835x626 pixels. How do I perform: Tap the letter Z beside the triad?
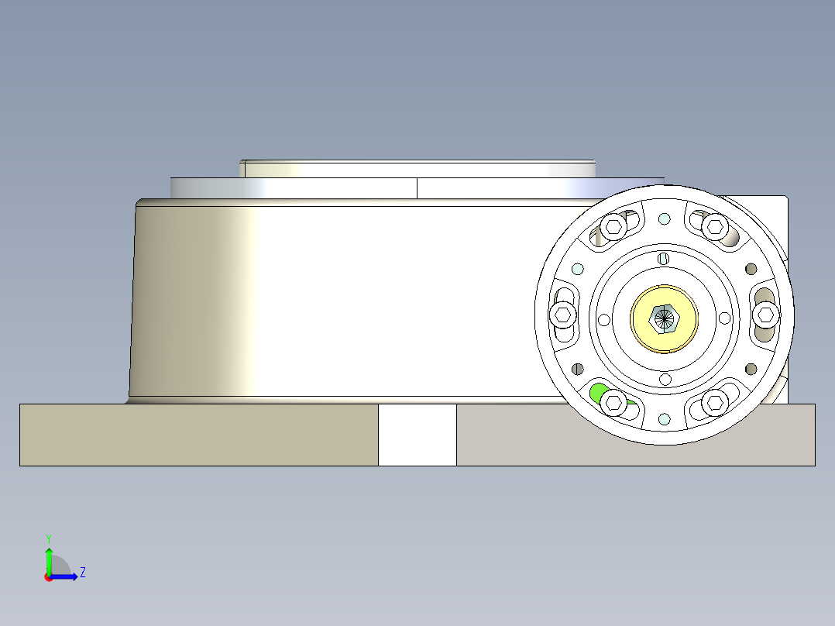click(82, 573)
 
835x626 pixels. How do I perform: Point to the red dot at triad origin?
click(48, 577)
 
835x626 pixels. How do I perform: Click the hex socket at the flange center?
click(664, 317)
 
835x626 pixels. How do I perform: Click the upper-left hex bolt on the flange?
click(614, 226)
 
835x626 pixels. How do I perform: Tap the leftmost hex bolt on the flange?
click(563, 315)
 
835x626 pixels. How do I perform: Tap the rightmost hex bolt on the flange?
click(766, 314)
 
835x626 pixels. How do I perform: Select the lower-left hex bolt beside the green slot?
click(614, 401)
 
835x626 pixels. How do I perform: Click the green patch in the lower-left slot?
click(597, 392)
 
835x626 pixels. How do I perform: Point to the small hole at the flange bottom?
click(664, 418)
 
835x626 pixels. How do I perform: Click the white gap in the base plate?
click(417, 435)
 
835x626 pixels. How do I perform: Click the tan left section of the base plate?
click(198, 435)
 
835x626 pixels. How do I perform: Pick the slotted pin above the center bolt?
click(663, 258)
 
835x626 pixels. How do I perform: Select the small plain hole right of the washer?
click(724, 318)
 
